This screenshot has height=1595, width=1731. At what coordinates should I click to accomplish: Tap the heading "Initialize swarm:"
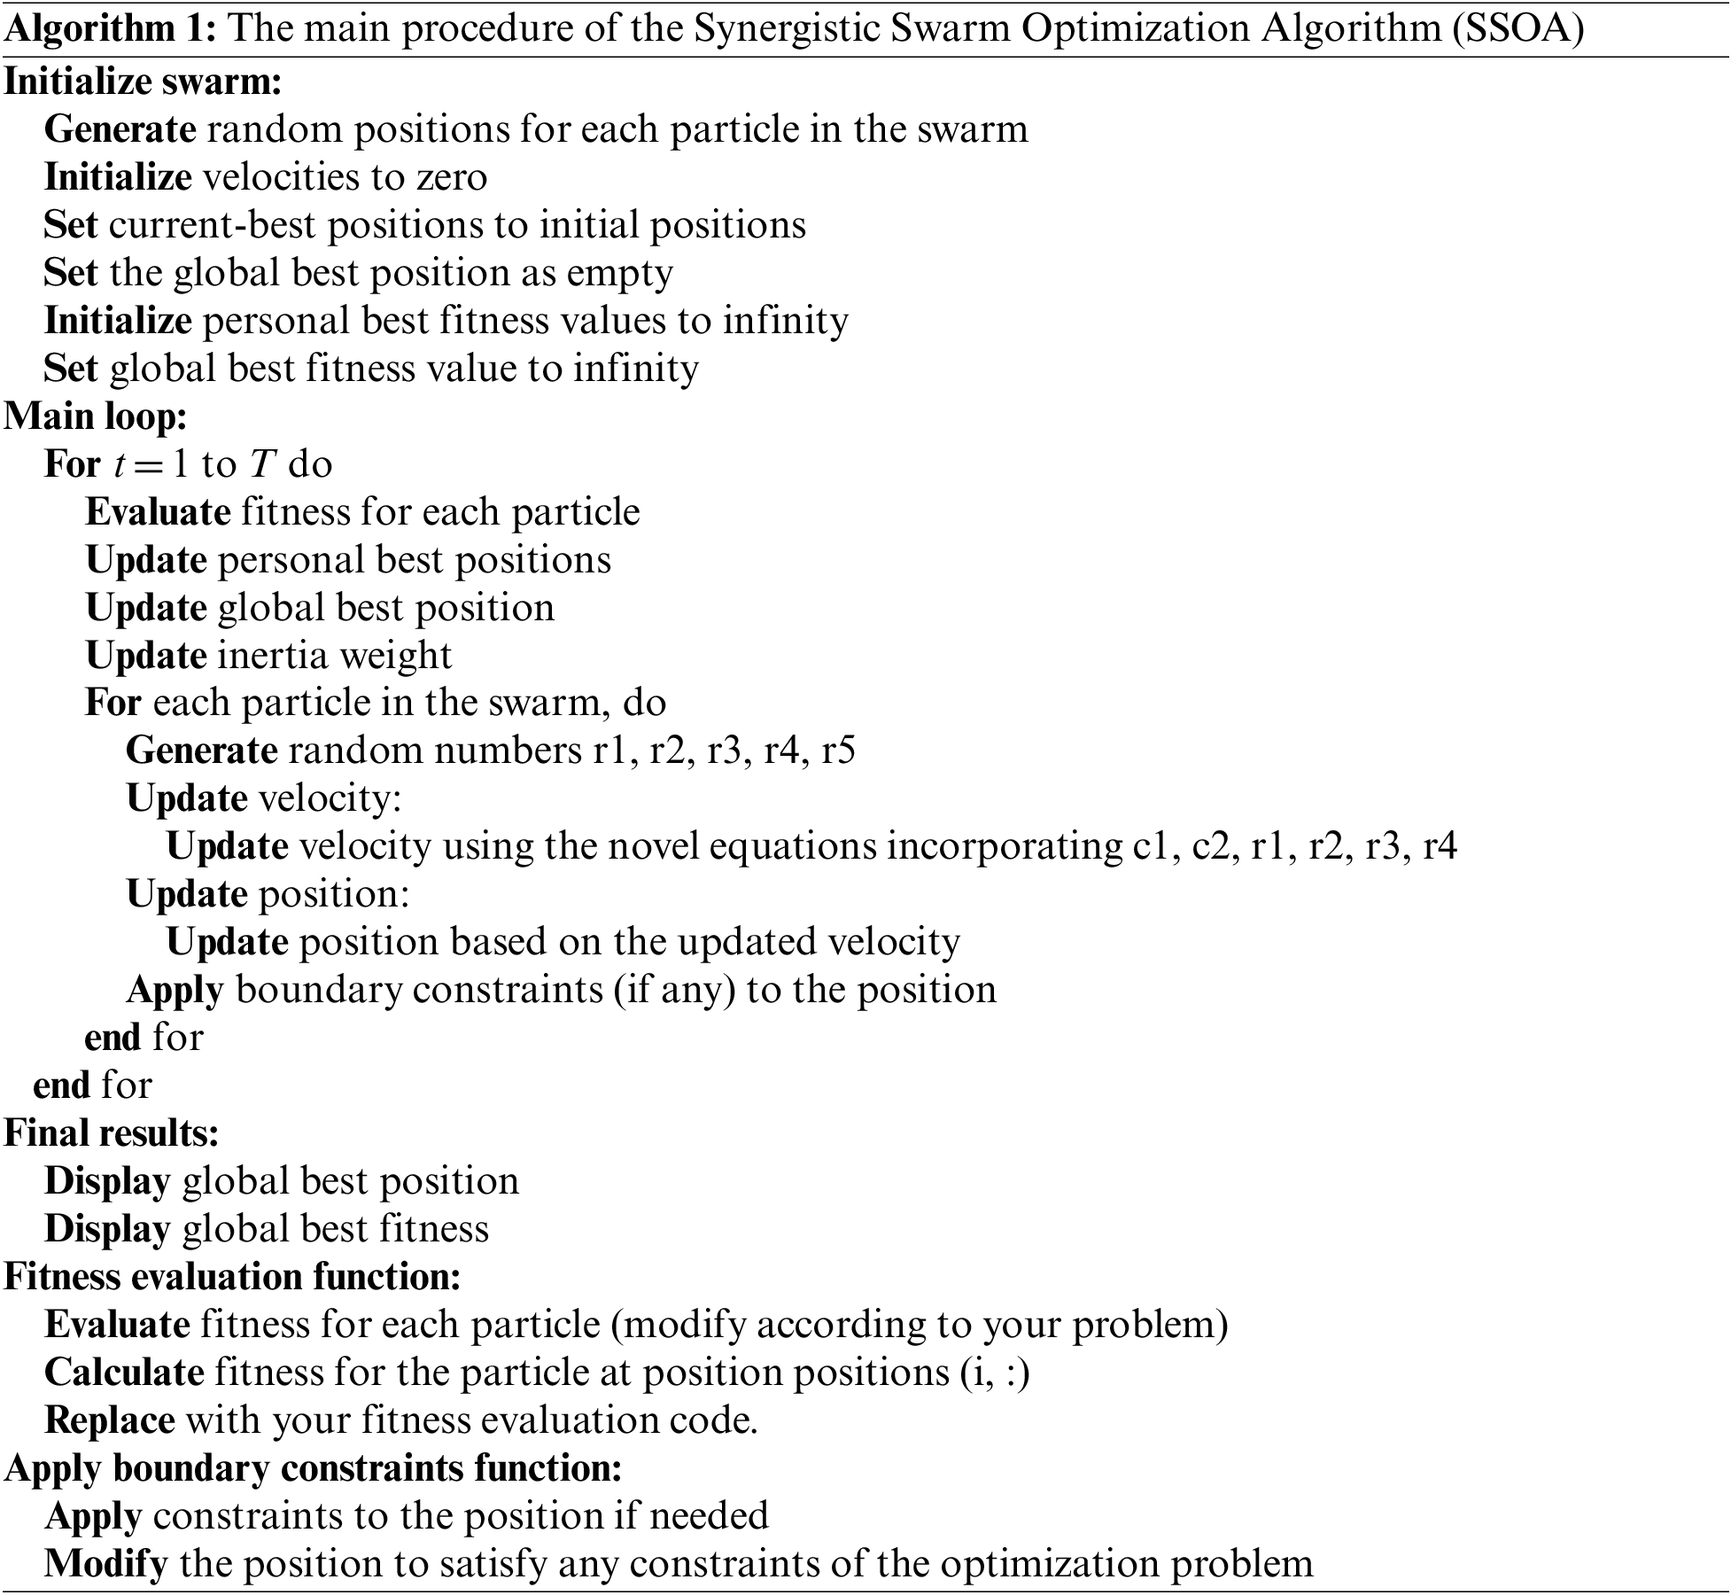(144, 82)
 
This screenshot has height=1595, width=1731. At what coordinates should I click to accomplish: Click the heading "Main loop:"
(96, 416)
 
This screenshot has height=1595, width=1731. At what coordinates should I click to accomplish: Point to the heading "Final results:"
(112, 1133)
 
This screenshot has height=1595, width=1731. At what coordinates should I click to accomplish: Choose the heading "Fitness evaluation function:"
(233, 1277)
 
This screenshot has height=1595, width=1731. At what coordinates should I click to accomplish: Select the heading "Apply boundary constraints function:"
(314, 1468)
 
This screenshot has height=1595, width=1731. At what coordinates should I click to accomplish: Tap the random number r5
(837, 751)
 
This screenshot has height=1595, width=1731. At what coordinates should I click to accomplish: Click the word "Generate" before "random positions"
(120, 129)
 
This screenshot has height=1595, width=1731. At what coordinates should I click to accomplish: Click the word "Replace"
(109, 1420)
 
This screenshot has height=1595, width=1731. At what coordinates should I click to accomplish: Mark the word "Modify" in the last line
(105, 1564)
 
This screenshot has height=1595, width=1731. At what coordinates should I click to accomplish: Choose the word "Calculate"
(124, 1373)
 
